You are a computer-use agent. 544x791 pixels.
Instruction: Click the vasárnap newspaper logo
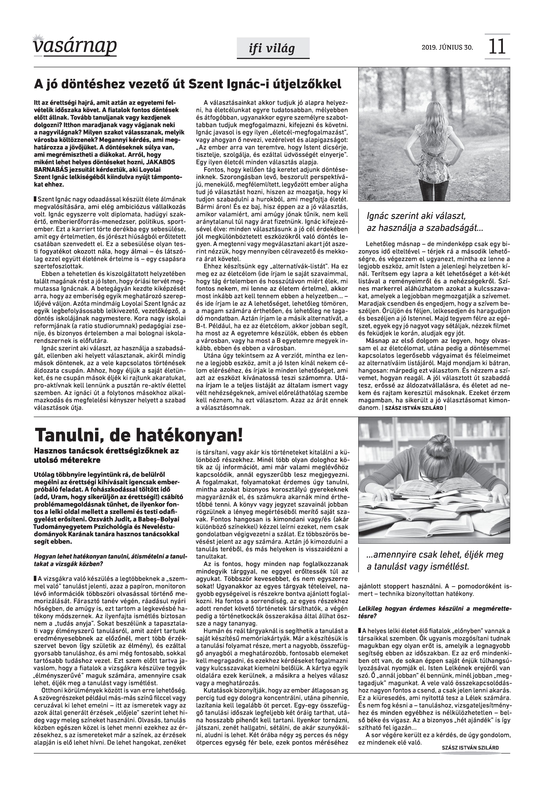pos(75,45)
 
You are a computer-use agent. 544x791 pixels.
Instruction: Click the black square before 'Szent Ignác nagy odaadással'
pos(35,199)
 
